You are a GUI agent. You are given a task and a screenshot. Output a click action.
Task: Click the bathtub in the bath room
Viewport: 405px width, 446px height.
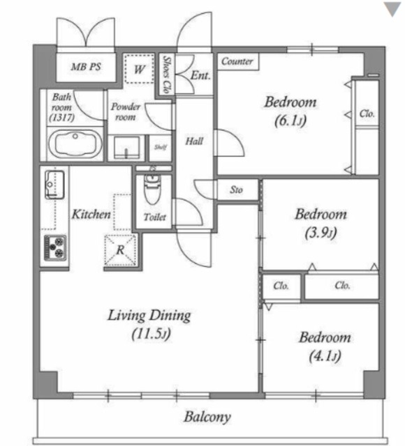[75, 144]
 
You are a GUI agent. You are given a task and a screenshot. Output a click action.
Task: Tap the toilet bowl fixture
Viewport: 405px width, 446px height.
[153, 189]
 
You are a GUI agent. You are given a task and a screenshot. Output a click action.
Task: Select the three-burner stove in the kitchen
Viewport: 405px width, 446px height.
[55, 247]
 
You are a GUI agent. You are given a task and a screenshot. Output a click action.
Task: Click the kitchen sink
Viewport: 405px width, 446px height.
[54, 185]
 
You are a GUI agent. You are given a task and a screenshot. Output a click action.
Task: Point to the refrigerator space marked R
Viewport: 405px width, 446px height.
[121, 249]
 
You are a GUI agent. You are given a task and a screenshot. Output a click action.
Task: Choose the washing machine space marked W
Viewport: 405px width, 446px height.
[140, 69]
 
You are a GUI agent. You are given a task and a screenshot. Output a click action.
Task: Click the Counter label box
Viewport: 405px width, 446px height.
[238, 61]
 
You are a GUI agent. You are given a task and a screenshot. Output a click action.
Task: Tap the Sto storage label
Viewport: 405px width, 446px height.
[236, 190]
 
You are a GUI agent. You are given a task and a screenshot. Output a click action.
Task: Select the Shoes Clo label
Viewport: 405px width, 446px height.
[167, 75]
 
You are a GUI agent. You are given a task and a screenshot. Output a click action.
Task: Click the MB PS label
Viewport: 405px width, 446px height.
[86, 67]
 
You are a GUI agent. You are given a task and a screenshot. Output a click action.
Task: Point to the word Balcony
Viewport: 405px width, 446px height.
[207, 417]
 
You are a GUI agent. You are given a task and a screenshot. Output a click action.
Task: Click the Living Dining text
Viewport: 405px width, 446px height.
[149, 316]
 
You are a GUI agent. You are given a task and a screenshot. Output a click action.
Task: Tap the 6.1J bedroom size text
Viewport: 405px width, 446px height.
[290, 121]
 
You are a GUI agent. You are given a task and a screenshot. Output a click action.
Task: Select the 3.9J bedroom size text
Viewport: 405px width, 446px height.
[321, 233]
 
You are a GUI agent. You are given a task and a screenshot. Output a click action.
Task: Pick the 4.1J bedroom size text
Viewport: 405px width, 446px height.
[325, 356]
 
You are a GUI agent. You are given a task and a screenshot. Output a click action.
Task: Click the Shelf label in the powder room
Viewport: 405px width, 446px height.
[161, 147]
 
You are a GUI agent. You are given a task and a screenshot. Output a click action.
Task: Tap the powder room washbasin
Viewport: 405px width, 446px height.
[127, 147]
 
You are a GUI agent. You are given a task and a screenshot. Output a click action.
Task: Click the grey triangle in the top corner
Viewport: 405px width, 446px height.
[393, 9]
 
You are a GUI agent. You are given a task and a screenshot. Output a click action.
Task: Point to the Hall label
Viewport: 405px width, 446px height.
[194, 141]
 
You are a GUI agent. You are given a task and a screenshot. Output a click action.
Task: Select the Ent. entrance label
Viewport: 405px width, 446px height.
[200, 75]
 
